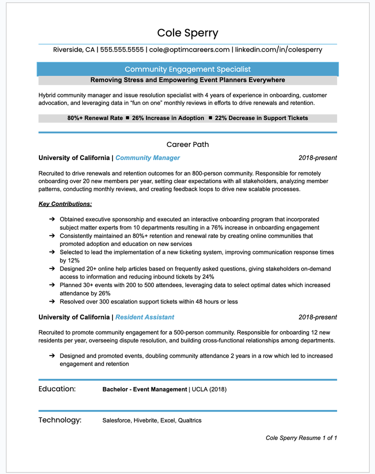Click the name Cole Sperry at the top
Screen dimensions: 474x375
tap(187, 33)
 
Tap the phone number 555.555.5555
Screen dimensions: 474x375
tap(122, 49)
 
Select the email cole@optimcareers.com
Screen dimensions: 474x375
tap(189, 49)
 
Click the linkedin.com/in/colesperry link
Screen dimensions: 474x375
tap(278, 49)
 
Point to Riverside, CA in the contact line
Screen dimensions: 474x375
tap(74, 49)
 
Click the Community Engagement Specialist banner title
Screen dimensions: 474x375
tap(187, 69)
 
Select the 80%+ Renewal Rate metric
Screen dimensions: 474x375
tap(94, 118)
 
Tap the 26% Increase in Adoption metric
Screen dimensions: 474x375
tap(168, 118)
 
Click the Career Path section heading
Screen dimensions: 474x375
tap(187, 144)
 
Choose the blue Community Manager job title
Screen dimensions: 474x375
tap(147, 158)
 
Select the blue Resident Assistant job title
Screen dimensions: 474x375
tap(145, 317)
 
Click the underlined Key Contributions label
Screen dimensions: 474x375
tap(65, 204)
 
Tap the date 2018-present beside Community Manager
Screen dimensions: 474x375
tap(317, 158)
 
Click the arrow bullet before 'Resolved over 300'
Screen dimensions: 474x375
tap(52, 301)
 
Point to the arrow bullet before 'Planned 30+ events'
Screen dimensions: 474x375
tap(52, 285)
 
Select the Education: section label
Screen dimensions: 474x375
tap(57, 389)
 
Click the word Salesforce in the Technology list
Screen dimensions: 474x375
tap(116, 420)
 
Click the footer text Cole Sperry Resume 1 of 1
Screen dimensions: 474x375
tap(301, 438)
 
